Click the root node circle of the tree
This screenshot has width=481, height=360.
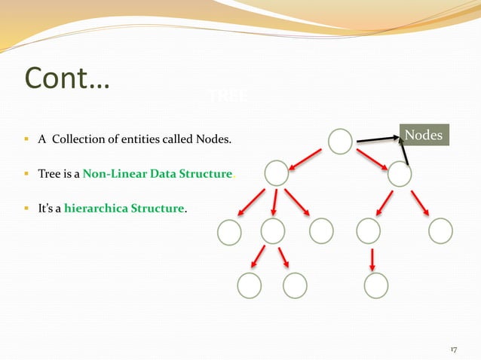click(x=340, y=142)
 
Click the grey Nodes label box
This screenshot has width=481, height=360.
click(x=424, y=136)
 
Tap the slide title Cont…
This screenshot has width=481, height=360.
click(x=67, y=78)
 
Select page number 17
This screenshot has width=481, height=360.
click(x=453, y=349)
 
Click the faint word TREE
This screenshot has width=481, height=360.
click(x=222, y=96)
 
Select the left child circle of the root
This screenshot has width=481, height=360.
click(x=277, y=174)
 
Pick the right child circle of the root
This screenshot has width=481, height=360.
click(x=399, y=175)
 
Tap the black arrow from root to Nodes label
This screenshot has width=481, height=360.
click(x=378, y=139)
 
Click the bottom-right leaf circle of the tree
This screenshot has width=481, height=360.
click(x=375, y=285)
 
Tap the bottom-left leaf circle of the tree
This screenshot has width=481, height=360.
click(x=249, y=285)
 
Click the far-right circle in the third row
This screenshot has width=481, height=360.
click(x=440, y=231)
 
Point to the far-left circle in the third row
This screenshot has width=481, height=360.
click(x=228, y=232)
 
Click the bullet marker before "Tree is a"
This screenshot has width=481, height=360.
click(x=27, y=175)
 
